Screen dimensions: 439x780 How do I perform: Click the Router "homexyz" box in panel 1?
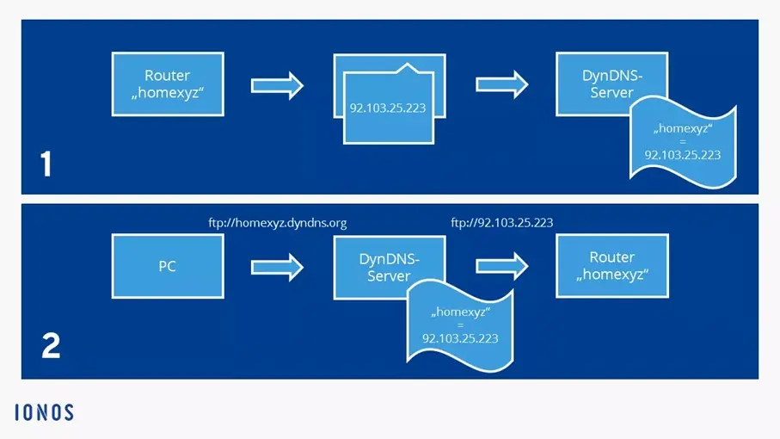tap(168, 83)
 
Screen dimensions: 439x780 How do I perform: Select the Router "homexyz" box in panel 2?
tap(612, 265)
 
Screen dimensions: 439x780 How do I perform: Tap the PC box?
tap(168, 266)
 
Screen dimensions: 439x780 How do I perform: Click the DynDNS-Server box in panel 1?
tap(611, 83)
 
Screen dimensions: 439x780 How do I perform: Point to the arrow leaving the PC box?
tap(278, 266)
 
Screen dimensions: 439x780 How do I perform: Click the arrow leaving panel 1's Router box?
tap(278, 84)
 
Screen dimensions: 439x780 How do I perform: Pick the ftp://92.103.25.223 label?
tap(502, 222)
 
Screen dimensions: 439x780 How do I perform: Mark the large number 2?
tap(51, 346)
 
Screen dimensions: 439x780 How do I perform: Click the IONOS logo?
tap(44, 412)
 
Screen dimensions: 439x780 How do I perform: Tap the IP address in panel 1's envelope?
tap(387, 109)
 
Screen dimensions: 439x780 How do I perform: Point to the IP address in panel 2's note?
tap(460, 339)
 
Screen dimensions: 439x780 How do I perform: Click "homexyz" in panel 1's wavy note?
tap(681, 129)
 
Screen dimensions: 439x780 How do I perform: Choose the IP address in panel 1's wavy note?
tap(683, 156)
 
